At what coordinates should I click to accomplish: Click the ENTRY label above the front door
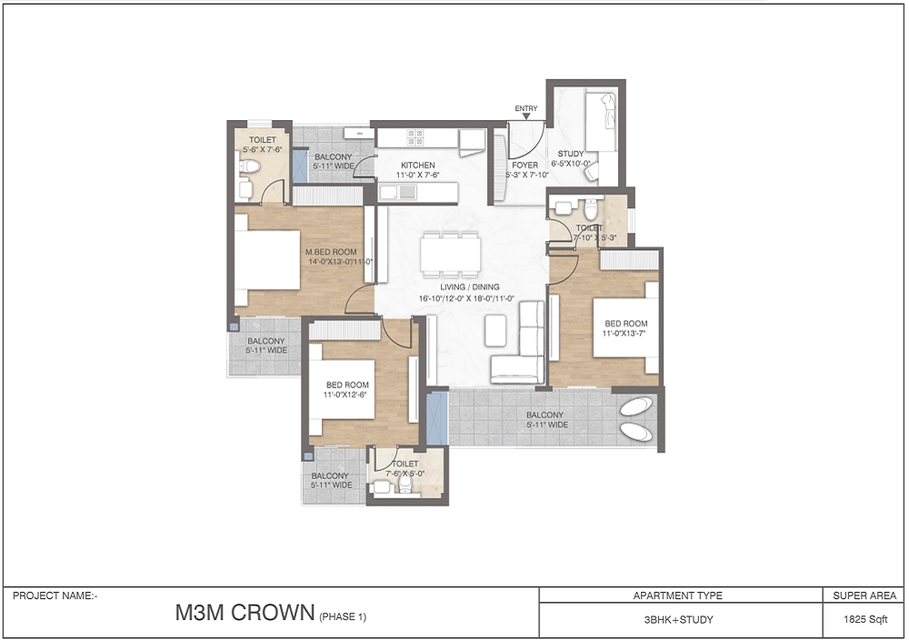(x=526, y=109)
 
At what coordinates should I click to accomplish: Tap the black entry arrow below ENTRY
(x=526, y=117)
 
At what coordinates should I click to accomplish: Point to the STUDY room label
(x=571, y=154)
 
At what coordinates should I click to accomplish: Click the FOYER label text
(x=525, y=165)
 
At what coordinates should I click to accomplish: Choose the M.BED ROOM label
(x=331, y=252)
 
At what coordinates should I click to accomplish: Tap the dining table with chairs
(x=449, y=254)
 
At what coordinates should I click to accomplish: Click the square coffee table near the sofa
(x=495, y=330)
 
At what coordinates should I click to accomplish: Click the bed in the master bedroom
(x=266, y=259)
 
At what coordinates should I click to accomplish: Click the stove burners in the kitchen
(x=415, y=136)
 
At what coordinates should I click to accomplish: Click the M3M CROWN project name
(x=245, y=614)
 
